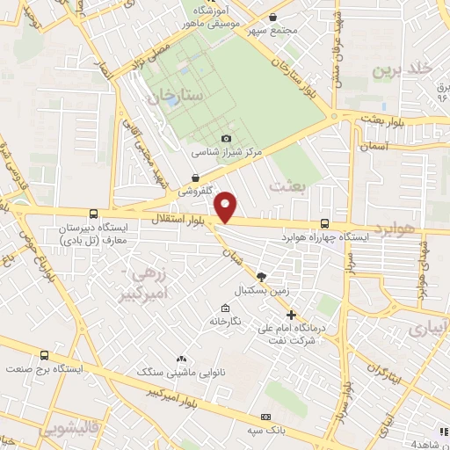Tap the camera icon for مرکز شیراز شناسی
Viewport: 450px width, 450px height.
227,138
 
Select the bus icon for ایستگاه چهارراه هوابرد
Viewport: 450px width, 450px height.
325,223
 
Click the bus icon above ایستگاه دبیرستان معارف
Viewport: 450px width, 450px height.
93,214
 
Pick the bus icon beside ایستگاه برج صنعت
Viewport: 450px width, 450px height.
45,355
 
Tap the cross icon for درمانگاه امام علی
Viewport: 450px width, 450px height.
292,316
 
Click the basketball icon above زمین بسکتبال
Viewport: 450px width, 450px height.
261,276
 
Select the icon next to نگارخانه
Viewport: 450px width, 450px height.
226,308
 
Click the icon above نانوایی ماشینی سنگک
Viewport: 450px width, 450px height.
181,359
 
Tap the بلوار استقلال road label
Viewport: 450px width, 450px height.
173,217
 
